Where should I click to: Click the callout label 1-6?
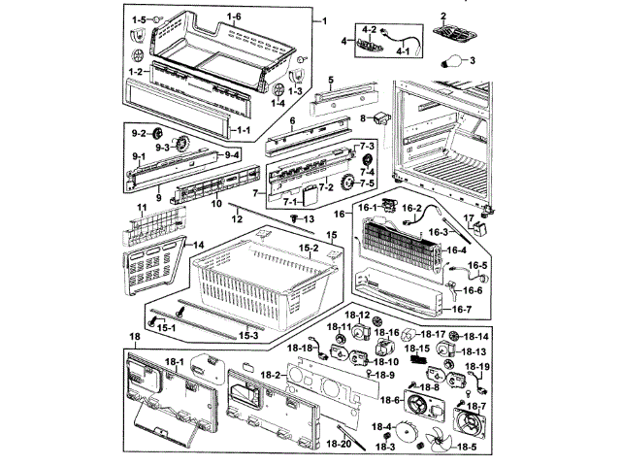coord(234,17)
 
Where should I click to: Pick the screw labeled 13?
coord(293,220)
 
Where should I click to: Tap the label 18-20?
coord(339,444)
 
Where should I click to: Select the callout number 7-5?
coord(367,183)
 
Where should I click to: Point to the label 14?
coord(197,246)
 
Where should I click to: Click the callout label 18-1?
coord(175,361)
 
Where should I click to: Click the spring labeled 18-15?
coord(419,360)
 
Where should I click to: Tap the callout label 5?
coord(330,80)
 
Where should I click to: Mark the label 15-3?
coord(248,335)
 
